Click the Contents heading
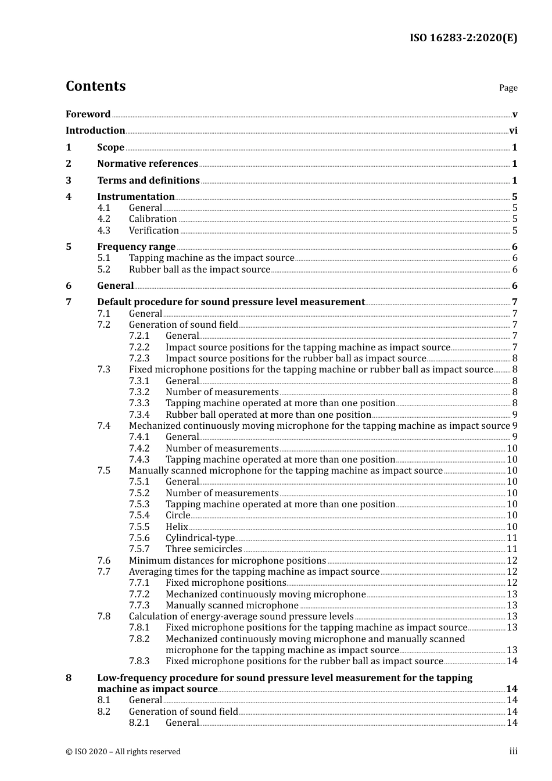coord(95,86)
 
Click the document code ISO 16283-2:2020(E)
coord(463,38)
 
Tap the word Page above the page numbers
coord(508,88)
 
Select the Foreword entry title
coord(88,114)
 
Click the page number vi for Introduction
coord(513,131)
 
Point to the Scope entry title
coord(110,148)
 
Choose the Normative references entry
coord(148,164)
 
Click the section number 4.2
coord(103,219)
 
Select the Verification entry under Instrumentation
coord(153,231)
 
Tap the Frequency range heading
coord(136,247)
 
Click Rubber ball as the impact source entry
coord(199,270)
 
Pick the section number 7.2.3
coord(139,359)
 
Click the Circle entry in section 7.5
coord(177,515)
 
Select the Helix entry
coord(177,527)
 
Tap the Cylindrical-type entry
coord(200,538)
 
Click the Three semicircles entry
coord(203,549)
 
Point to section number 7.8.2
coord(139,639)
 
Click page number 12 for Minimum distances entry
coord(512,561)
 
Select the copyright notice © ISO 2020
coord(123,752)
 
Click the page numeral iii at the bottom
coord(513,751)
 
